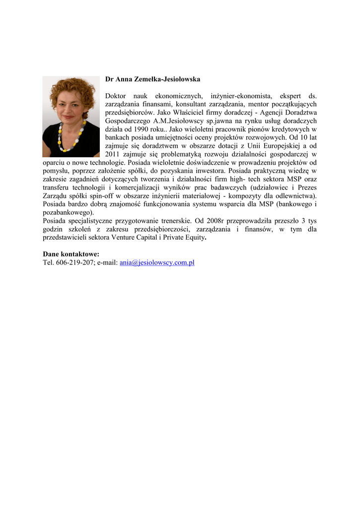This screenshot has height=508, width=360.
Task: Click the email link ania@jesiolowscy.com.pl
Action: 157,262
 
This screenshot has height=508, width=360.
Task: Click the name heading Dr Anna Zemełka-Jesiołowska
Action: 153,79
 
